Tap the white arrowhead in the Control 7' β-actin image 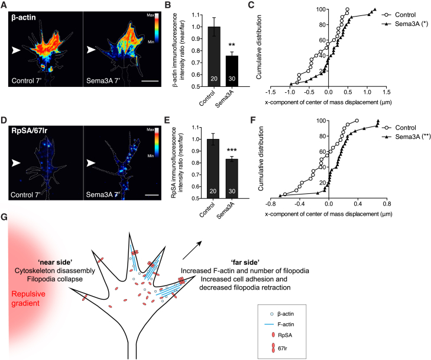coord(18,52)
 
